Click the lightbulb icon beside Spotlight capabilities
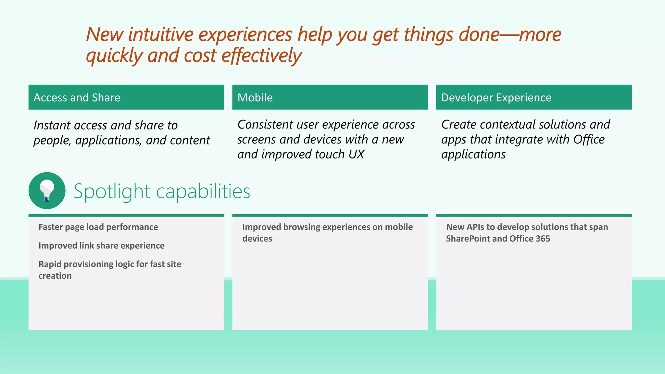47,191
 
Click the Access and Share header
77,97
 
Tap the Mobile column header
255,97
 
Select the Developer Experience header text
496,97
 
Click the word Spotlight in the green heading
112,191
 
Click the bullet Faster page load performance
98,227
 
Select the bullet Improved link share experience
101,245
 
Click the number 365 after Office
543,239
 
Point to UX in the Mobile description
356,154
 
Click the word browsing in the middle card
301,227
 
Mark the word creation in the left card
55,276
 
